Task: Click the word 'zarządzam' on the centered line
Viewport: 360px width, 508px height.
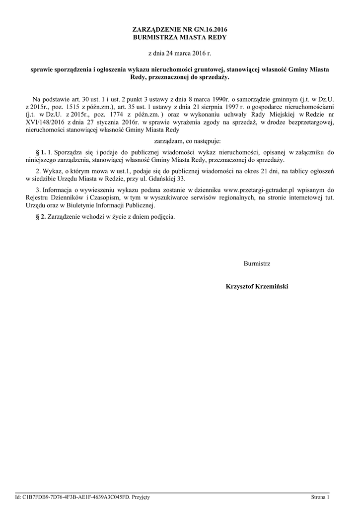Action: point(163,141)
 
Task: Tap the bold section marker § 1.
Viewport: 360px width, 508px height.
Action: point(41,152)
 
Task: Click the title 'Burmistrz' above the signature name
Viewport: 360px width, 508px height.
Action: point(257,264)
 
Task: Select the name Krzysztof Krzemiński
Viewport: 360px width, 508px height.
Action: point(257,287)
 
